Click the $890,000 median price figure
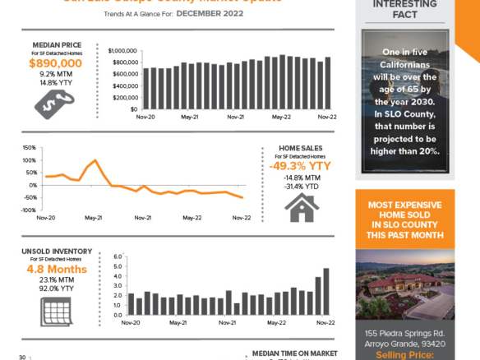click(55, 62)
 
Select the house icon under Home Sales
click(300, 207)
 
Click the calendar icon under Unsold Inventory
click(54, 311)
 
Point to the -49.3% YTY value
click(300, 166)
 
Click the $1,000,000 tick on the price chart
click(120, 50)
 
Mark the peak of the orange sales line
click(96, 160)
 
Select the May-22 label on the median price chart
click(282, 118)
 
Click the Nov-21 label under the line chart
click(143, 218)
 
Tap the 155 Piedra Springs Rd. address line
click(404, 333)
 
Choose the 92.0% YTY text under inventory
click(54, 288)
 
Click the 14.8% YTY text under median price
click(55, 82)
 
